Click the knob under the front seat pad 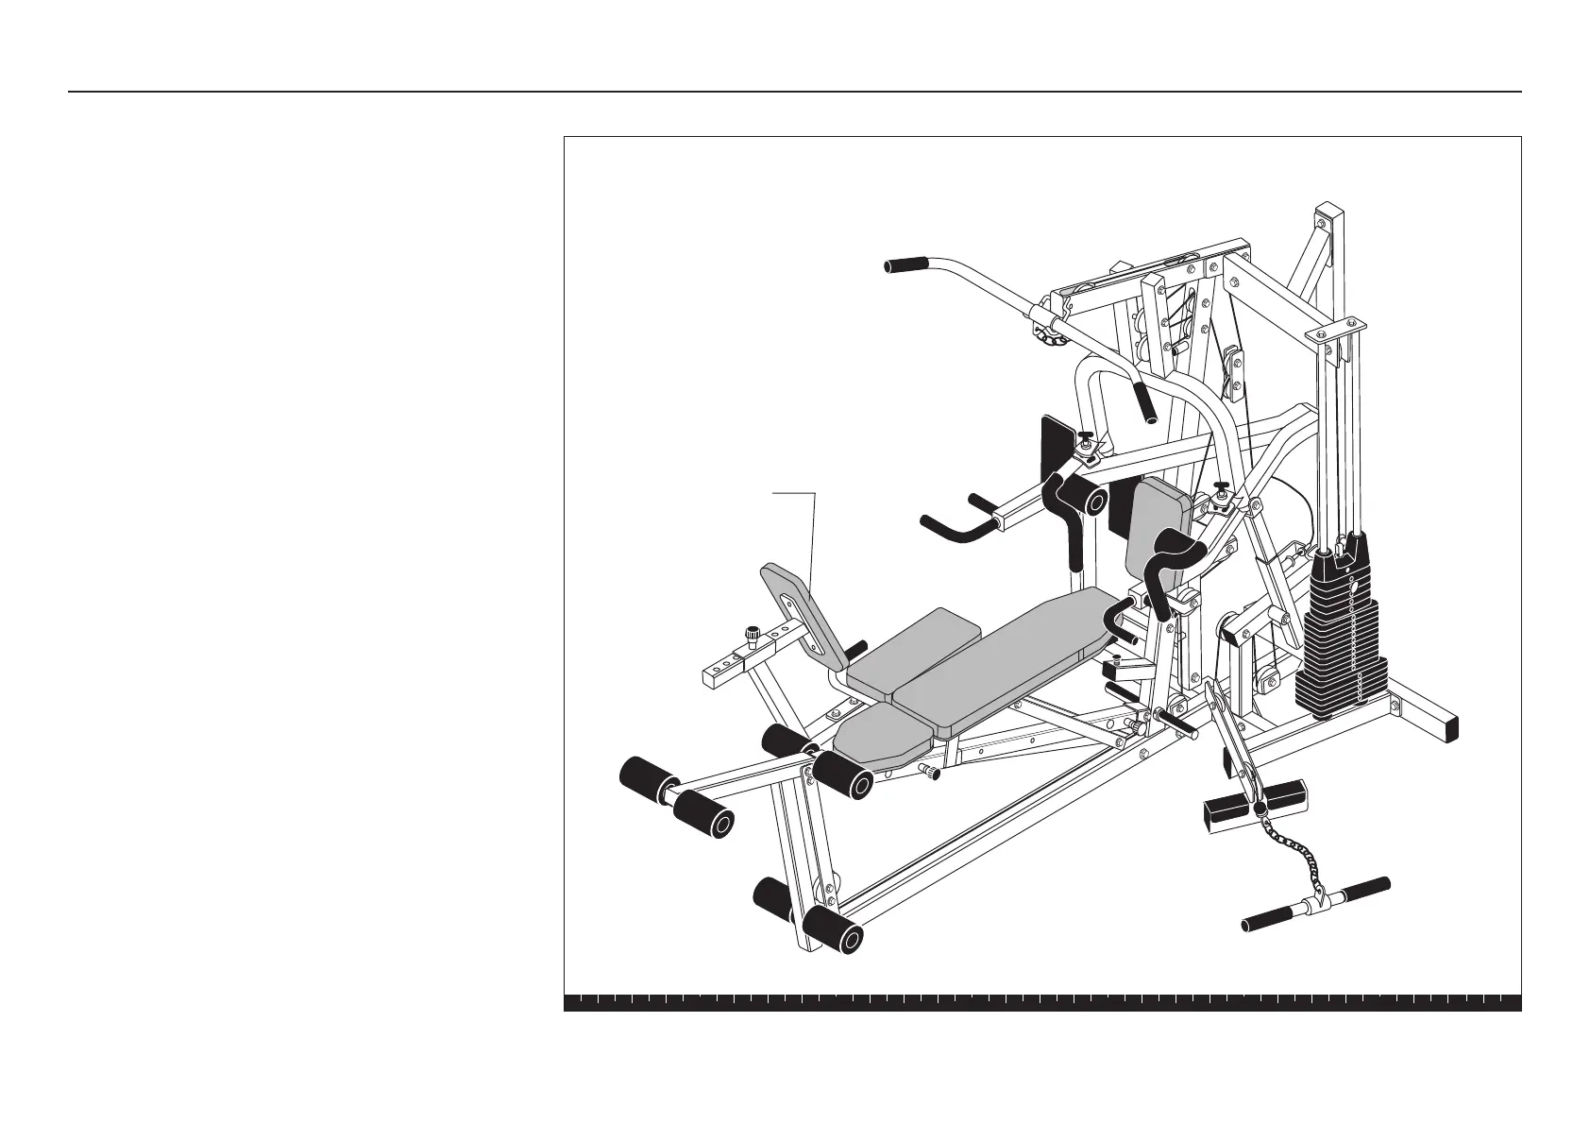(933, 774)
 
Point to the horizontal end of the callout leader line (793, 492)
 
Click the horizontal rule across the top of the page (795, 92)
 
